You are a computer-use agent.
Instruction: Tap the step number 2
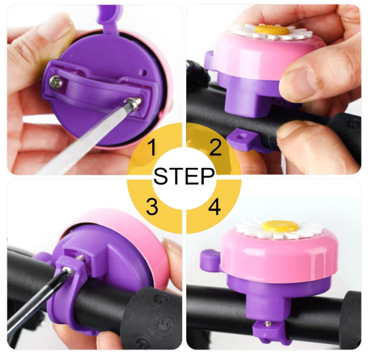pos(215,147)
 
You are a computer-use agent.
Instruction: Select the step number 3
pos(152,206)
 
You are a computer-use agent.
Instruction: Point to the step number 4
pos(214,207)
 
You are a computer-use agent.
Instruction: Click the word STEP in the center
pos(184,176)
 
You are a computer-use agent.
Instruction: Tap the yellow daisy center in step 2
pos(272,30)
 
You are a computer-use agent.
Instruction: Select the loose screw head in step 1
pos(56,82)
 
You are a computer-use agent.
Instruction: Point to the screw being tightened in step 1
pos(134,103)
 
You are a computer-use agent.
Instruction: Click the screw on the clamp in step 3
pos(70,271)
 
